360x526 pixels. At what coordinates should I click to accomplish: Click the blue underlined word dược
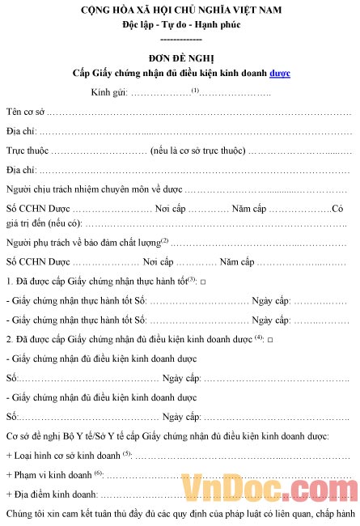(280, 73)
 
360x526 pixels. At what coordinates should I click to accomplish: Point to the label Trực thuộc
(28, 151)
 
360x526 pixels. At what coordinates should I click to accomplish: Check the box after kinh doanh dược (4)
(269, 339)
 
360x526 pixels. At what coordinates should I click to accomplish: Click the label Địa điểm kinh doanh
(55, 494)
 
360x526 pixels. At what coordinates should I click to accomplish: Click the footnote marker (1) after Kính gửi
(195, 89)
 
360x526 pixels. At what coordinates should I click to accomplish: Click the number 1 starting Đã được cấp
(8, 281)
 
